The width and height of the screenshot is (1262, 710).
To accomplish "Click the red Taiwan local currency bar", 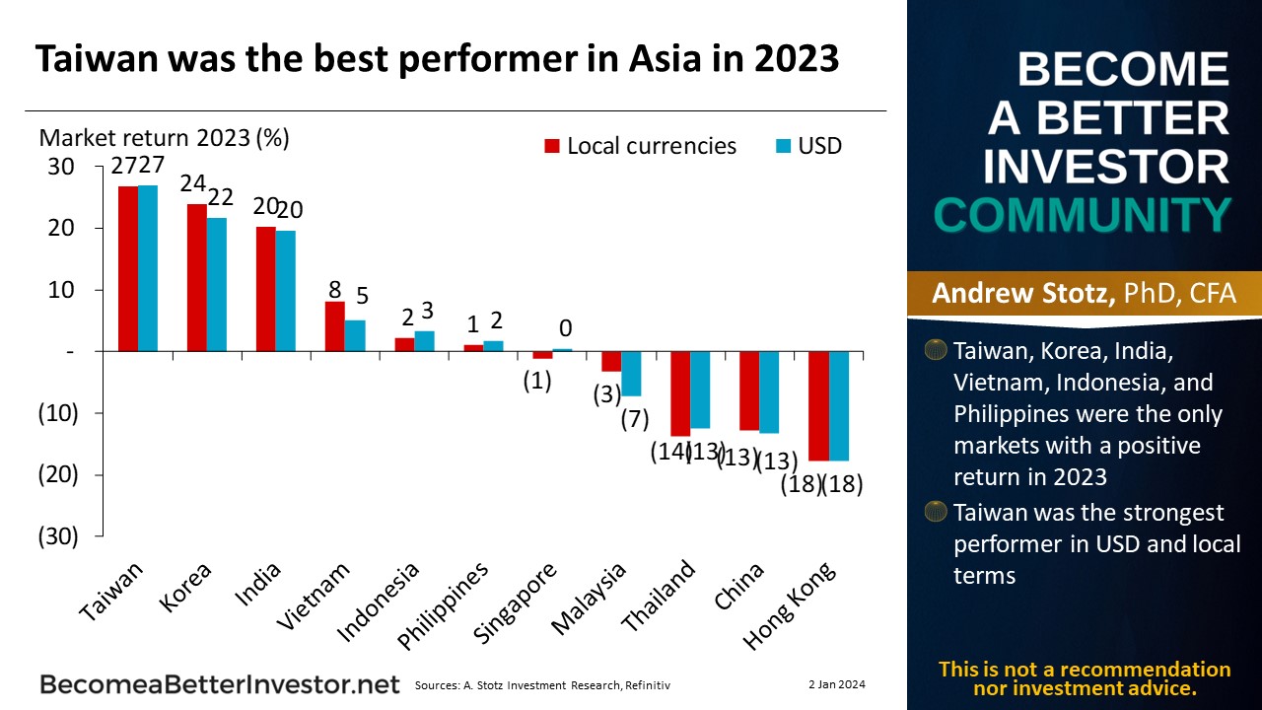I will [128, 268].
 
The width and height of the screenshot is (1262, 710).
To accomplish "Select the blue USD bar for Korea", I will [217, 284].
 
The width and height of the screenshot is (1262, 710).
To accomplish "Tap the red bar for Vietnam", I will [335, 326].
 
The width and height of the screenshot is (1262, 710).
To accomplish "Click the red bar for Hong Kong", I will [818, 405].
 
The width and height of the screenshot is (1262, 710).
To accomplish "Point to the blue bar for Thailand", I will [701, 390].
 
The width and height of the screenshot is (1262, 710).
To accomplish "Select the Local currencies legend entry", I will [640, 146].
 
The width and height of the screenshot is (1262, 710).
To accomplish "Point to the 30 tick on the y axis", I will [61, 167].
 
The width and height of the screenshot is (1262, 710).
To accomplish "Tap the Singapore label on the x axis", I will [517, 603].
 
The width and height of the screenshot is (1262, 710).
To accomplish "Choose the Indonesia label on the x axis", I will [379, 601].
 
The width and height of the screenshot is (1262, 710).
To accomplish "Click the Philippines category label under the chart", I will [444, 605].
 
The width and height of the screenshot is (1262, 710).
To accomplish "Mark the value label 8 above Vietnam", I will [334, 290].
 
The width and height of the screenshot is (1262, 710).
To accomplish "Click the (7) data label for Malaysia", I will [634, 418].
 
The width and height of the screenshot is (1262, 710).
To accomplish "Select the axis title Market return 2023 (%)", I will [164, 137].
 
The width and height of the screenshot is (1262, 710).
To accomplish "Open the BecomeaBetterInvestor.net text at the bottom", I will [219, 684].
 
